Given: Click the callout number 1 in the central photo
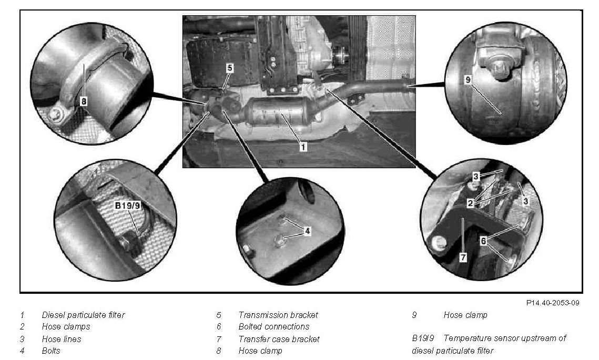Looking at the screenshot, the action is point(303,146).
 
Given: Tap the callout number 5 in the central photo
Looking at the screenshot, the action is point(229,68).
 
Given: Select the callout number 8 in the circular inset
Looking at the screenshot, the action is point(84,101).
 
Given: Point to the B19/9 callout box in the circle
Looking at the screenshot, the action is point(128,206).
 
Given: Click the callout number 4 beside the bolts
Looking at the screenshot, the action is point(307,231).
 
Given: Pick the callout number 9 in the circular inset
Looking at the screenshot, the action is point(468,80).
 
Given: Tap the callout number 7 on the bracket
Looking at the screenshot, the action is point(463,258).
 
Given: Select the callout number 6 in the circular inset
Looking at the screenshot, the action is point(483,241).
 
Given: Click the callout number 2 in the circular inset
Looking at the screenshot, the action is point(470,203).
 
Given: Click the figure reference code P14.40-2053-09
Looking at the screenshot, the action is point(552,303).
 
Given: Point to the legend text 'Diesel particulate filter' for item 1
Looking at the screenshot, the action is point(83,315).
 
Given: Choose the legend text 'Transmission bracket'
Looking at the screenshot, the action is point(278,315).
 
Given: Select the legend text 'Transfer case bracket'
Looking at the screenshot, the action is point(279,339).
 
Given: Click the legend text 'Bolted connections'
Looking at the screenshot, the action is point(274,327).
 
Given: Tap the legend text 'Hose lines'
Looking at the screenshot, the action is point(62,339).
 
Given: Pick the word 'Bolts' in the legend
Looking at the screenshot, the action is point(51,351).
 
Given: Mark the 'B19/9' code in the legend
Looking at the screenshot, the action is point(423,338).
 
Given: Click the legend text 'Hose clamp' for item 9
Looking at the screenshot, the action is point(465,315).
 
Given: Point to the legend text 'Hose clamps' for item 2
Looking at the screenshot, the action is point(66,327).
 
